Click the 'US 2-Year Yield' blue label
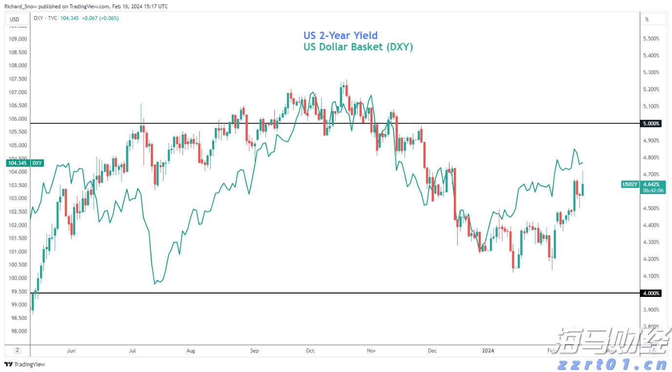coord(341,36)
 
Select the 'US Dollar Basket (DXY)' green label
coord(358,47)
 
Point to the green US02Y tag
coord(629,184)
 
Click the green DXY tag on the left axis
coord(37,163)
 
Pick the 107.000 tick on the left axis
coord(18,92)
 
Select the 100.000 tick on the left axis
coord(18,278)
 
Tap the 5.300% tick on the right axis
coord(652,73)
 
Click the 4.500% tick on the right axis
coord(652,209)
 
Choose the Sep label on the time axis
coord(254,351)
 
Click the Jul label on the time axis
coord(132,351)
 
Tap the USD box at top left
coord(15,20)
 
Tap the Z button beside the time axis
coord(17,351)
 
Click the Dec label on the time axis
coord(431,351)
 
